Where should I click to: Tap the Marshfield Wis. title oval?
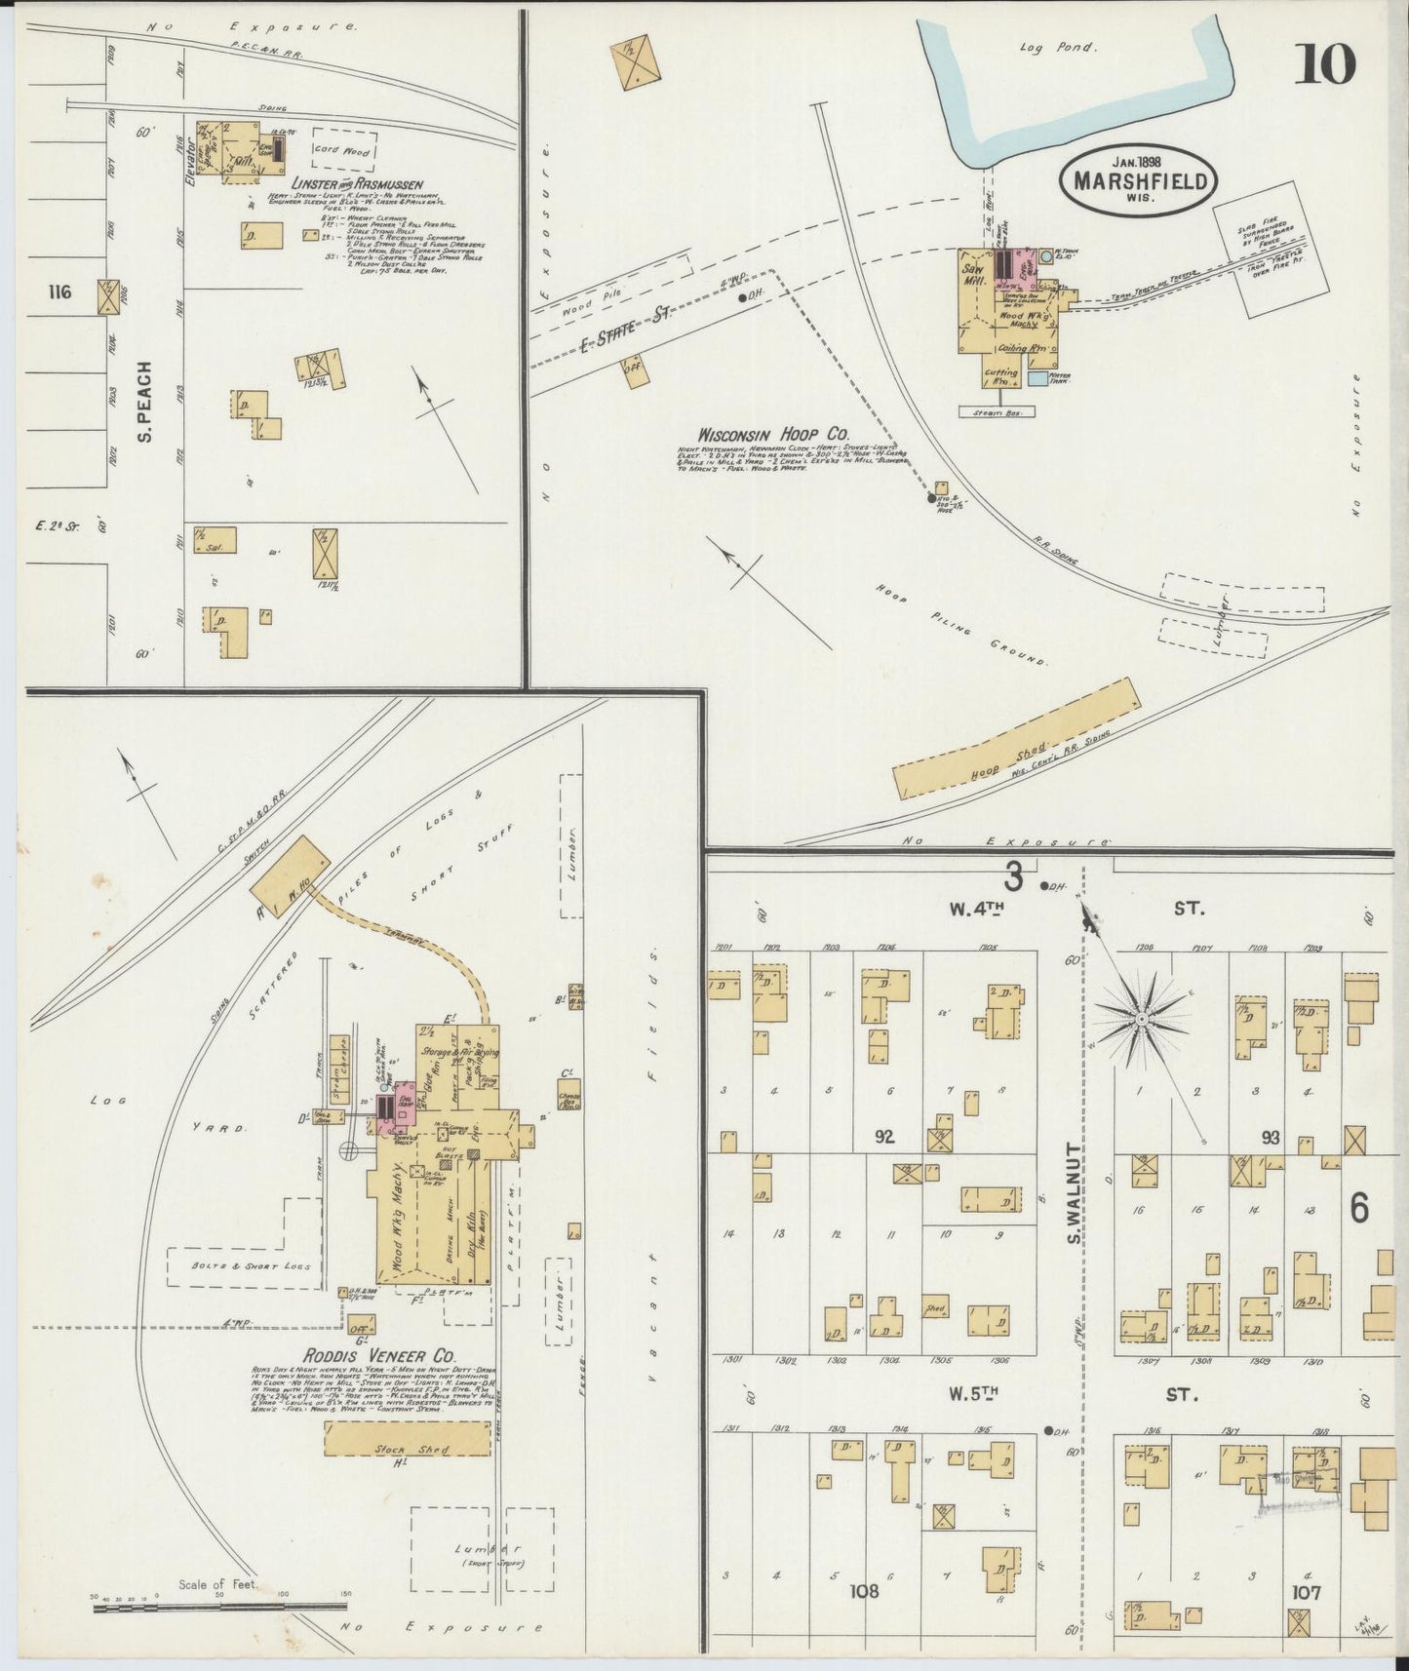tap(1138, 180)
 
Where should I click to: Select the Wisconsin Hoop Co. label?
tap(773, 434)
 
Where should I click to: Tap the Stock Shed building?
tap(407, 1438)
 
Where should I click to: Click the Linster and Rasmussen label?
tap(356, 184)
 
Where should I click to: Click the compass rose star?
tap(1140, 1019)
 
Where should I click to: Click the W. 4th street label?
tap(976, 909)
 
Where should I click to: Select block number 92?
tap(884, 1137)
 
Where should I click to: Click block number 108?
tap(863, 1591)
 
